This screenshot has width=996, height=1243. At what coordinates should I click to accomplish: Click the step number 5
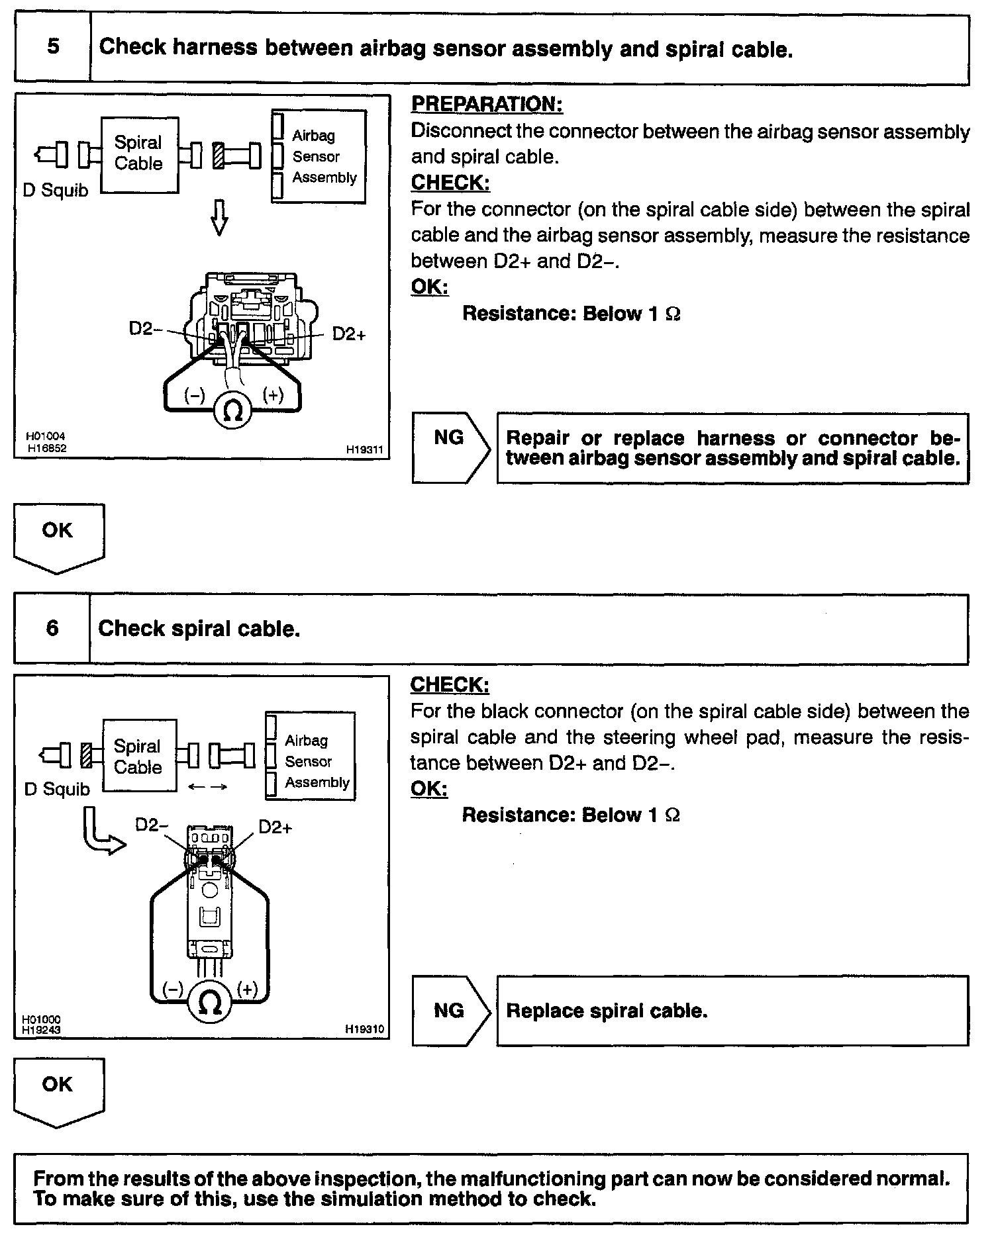click(x=53, y=47)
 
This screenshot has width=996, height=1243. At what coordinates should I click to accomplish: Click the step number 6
click(x=53, y=627)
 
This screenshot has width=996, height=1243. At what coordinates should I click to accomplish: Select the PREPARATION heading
click(x=487, y=104)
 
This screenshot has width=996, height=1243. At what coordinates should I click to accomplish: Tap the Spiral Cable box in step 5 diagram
click(x=139, y=154)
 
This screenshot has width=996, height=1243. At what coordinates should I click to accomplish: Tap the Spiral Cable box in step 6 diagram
click(x=139, y=756)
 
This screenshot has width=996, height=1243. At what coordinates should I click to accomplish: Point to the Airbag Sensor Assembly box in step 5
click(x=319, y=156)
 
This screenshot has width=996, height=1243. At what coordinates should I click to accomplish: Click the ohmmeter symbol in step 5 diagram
click(x=232, y=411)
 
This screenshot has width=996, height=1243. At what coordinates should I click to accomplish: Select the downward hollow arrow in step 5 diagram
click(x=220, y=216)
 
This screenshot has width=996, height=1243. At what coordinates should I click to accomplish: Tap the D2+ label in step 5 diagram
click(x=348, y=334)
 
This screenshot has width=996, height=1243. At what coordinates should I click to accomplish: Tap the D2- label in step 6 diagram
click(x=152, y=825)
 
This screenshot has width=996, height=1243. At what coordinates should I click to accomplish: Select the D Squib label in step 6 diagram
click(x=57, y=789)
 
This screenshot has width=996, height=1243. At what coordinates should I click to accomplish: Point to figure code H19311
click(x=364, y=449)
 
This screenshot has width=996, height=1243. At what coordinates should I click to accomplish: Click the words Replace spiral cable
click(x=607, y=1011)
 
